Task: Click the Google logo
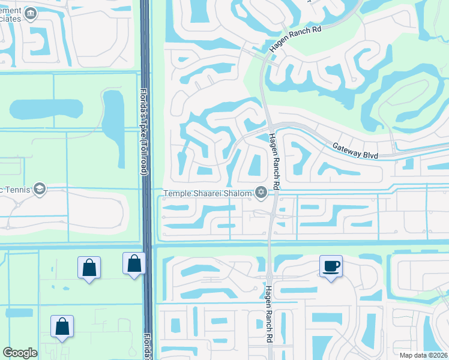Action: click(20, 353)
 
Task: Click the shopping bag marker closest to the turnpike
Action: click(134, 263)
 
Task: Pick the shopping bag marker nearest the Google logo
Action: click(62, 326)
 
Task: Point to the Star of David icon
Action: click(261, 192)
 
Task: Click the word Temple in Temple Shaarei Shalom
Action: click(178, 192)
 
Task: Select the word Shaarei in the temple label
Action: click(208, 192)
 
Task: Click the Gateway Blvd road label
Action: click(354, 151)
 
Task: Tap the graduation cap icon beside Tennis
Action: click(40, 190)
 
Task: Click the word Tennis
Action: click(17, 190)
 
